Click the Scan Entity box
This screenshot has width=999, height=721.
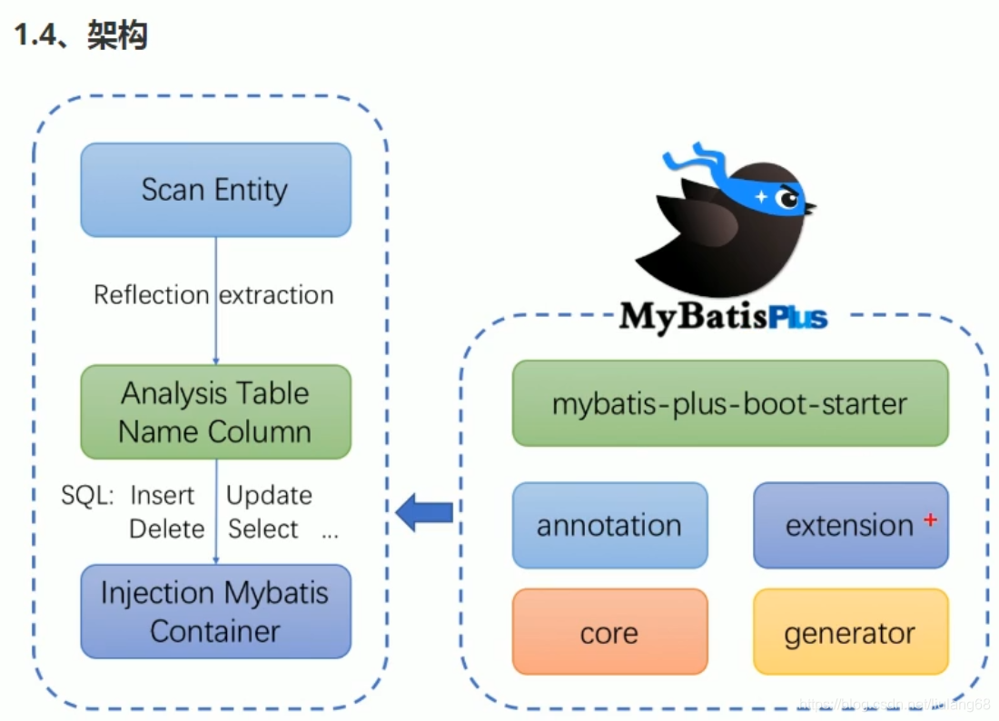(x=215, y=190)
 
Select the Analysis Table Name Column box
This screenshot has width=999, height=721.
(x=215, y=412)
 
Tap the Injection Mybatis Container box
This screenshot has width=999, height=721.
(x=215, y=611)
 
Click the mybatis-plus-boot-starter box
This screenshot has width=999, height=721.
(x=729, y=403)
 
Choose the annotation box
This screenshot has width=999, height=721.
(x=609, y=525)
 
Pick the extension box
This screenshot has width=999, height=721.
(x=850, y=525)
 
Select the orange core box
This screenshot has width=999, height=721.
(x=609, y=632)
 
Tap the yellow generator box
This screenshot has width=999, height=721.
(x=850, y=632)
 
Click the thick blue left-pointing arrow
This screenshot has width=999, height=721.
(x=425, y=513)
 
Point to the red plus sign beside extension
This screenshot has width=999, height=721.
(x=929, y=519)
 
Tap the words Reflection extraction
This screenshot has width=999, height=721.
(x=214, y=295)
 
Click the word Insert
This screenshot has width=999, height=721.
(x=163, y=496)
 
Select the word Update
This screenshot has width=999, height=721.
(x=269, y=496)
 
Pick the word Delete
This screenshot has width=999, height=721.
(x=166, y=529)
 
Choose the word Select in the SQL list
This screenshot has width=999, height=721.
(x=263, y=529)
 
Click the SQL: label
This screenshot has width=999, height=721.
(x=87, y=496)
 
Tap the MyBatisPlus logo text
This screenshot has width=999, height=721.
(x=723, y=317)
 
